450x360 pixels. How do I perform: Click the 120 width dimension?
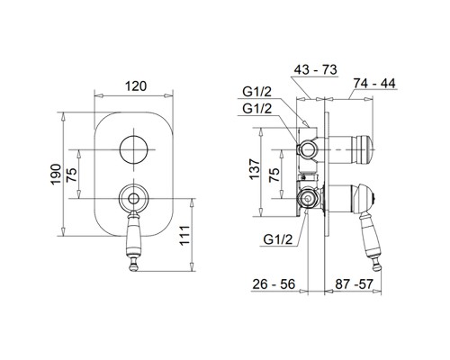click(x=136, y=86)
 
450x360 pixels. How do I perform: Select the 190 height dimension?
click(x=56, y=175)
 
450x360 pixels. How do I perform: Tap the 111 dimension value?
click(x=184, y=235)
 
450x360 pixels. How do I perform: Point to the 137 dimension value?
click(x=255, y=169)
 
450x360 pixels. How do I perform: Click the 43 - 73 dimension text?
click(x=315, y=70)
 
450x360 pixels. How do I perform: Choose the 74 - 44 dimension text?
click(x=374, y=84)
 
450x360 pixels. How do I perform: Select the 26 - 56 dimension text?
click(x=274, y=284)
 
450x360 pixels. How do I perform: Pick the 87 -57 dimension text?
click(x=354, y=284)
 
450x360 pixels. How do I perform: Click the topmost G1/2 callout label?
click(x=256, y=92)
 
